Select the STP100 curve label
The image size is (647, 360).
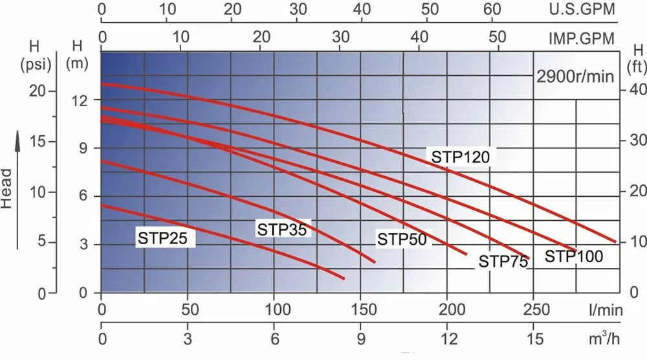(573, 256)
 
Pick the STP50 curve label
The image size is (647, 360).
(402, 240)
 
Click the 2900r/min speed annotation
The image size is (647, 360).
(575, 76)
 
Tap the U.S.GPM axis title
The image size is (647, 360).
(581, 9)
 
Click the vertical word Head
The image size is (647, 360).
(7, 188)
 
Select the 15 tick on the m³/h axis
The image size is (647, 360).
(534, 339)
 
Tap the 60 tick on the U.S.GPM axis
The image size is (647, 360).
(492, 9)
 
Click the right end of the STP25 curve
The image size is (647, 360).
(344, 278)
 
